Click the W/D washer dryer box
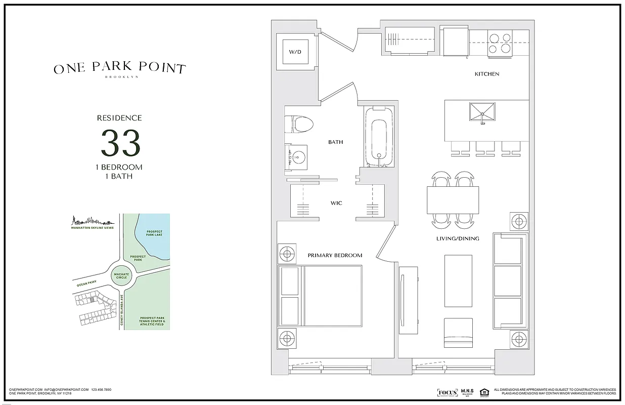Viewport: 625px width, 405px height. tap(294, 52)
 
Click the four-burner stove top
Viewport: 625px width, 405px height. tap(500, 44)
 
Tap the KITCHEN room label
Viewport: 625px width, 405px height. tap(486, 74)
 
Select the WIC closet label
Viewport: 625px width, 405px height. tap(336, 203)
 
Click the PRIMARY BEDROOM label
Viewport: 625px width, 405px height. tap(335, 255)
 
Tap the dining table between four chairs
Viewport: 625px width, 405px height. tap(453, 200)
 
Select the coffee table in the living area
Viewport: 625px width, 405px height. tap(458, 280)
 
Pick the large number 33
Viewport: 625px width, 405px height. tap(120, 143)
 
